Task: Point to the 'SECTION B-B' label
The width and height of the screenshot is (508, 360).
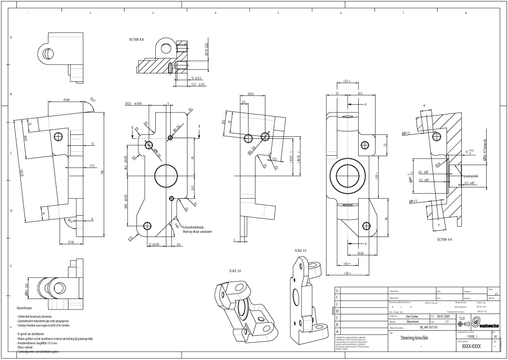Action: [136, 39]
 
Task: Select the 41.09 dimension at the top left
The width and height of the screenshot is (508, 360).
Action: [66, 100]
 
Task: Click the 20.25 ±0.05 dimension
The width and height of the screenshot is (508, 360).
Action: [133, 104]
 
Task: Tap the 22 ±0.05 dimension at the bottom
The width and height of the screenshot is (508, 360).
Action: [153, 244]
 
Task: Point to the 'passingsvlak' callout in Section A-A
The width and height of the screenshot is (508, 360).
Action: [470, 176]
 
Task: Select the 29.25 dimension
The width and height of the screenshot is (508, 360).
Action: [251, 94]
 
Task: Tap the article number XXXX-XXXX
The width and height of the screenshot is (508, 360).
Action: [471, 347]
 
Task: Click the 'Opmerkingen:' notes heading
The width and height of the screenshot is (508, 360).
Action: [24, 308]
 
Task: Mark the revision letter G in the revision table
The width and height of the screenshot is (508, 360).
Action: [338, 291]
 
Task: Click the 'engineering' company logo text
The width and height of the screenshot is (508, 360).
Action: [489, 326]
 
